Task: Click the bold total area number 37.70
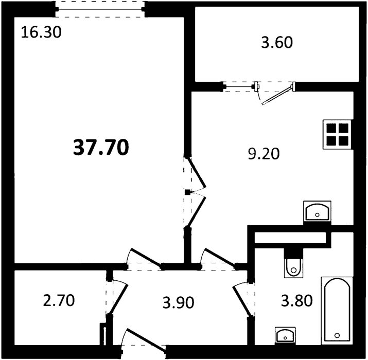pyautogui.click(x=101, y=148)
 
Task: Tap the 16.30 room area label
pyautogui.click(x=41, y=32)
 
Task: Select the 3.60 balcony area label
pyautogui.click(x=277, y=43)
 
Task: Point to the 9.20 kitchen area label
pyautogui.click(x=264, y=154)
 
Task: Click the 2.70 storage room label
pyautogui.click(x=59, y=300)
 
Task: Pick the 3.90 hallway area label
pyautogui.click(x=179, y=302)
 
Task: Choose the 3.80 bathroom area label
pyautogui.click(x=297, y=301)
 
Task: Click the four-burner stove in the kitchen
pyautogui.click(x=338, y=134)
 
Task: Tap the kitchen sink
pyautogui.click(x=317, y=211)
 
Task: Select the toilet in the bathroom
pyautogui.click(x=293, y=267)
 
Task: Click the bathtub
pyautogui.click(x=337, y=311)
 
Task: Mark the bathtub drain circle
pyautogui.click(x=337, y=335)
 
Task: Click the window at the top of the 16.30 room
pyautogui.click(x=100, y=9)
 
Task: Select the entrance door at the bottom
pyautogui.click(x=144, y=343)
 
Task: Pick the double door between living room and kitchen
pyautogui.click(x=195, y=192)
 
